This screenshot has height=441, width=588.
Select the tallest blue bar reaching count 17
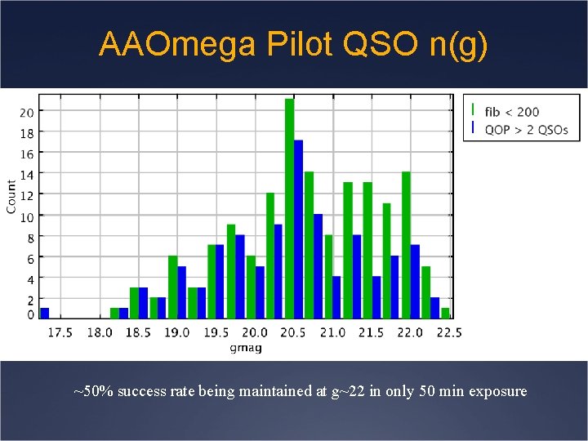click(x=299, y=229)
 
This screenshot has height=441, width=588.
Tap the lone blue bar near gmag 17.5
click(x=45, y=313)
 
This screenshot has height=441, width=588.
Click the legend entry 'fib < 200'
click(x=512, y=112)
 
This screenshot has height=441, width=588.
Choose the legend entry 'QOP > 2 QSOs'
click(x=526, y=130)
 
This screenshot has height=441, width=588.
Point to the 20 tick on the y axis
click(x=27, y=112)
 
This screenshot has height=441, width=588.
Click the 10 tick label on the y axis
click(x=27, y=216)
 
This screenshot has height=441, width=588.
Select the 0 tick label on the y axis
click(x=30, y=315)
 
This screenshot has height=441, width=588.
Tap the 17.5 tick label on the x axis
click(x=60, y=332)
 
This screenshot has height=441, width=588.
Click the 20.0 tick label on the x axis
click(x=254, y=332)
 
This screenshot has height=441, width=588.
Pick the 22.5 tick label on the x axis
click(x=448, y=332)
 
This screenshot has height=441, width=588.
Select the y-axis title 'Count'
click(x=11, y=197)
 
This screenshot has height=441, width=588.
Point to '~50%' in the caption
click(x=93, y=391)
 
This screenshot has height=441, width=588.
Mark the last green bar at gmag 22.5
click(x=445, y=313)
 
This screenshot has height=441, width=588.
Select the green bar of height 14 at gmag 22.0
click(x=406, y=245)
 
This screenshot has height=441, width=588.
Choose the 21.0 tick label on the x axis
click(x=332, y=332)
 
